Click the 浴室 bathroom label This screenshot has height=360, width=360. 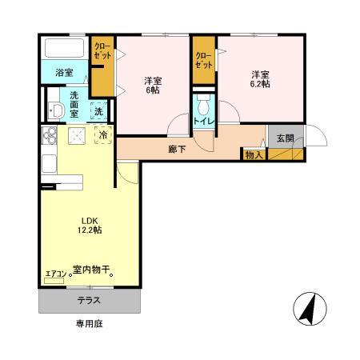63,72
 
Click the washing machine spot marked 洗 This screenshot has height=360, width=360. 99,111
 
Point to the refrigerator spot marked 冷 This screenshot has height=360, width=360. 104,136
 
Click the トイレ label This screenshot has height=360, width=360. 203,122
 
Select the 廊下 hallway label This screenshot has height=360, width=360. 178,148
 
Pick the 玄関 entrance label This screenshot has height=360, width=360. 285,138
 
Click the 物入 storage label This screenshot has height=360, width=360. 254,154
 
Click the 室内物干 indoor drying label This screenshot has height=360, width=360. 90,272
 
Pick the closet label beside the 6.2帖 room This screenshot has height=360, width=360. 204,61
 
